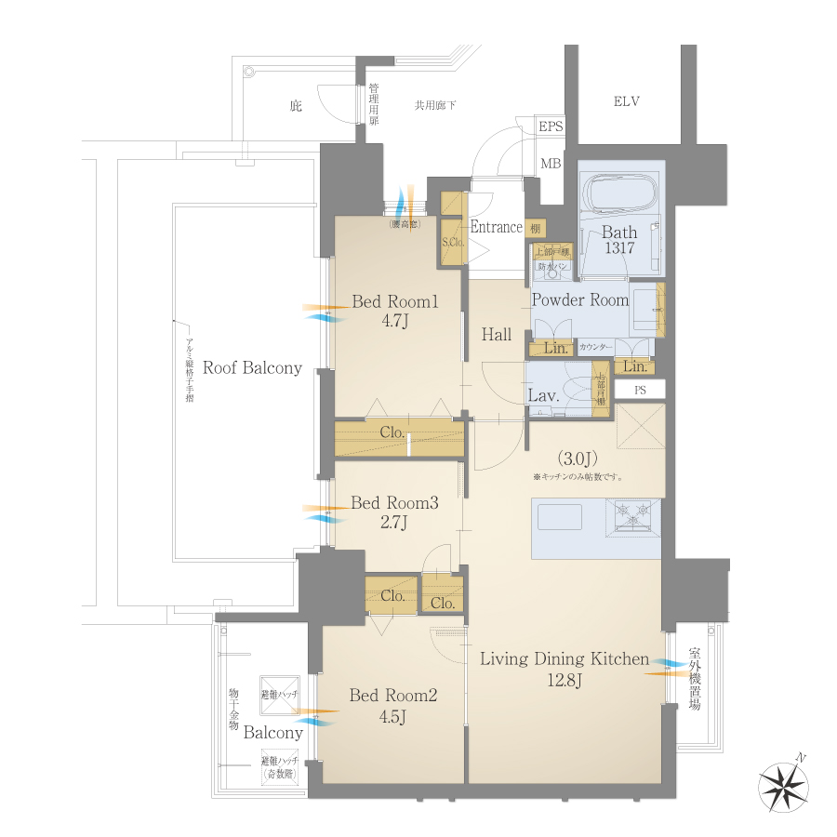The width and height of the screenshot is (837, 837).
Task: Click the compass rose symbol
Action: [783, 783]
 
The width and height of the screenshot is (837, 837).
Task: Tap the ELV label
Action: [626, 101]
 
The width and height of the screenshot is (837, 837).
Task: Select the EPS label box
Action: [551, 127]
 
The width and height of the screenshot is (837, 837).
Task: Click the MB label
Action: [551, 164]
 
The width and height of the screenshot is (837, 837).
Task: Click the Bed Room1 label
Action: [394, 301]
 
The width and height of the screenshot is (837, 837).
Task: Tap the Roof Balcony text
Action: [252, 367]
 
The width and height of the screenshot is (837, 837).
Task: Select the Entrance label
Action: [496, 227]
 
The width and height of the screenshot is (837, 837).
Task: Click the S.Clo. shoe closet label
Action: [452, 243]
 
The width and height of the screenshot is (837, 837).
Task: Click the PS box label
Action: [640, 390]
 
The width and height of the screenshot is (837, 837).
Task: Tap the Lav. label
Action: [543, 395]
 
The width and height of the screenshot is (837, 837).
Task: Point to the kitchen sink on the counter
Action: [559, 517]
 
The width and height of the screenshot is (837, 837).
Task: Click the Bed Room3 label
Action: [394, 503]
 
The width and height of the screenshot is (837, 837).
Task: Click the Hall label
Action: [496, 335]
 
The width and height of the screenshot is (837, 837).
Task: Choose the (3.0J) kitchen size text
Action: [577, 458]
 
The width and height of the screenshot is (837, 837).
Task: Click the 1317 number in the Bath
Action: [617, 248]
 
